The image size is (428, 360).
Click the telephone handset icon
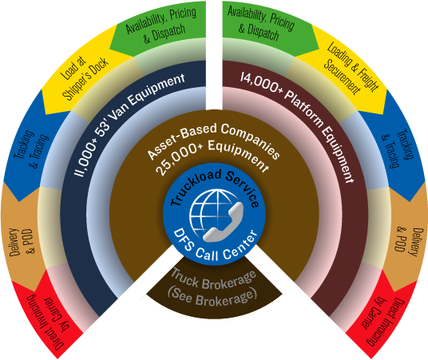pyautogui.click(x=224, y=223)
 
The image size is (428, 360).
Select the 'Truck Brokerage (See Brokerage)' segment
pyautogui.click(x=213, y=288)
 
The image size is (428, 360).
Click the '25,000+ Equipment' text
pyautogui.click(x=212, y=155)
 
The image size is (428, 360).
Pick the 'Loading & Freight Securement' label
pyautogui.click(x=351, y=68)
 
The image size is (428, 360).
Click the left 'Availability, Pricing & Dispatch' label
pyautogui.click(x=161, y=25)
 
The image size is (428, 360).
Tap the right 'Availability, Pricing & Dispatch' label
pyautogui.click(x=260, y=23)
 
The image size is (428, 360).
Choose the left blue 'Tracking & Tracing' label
pyautogui.click(x=31, y=148)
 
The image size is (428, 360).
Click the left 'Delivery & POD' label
pyautogui.click(x=22, y=242)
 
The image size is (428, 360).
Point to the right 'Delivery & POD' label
pyautogui.click(x=406, y=241)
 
